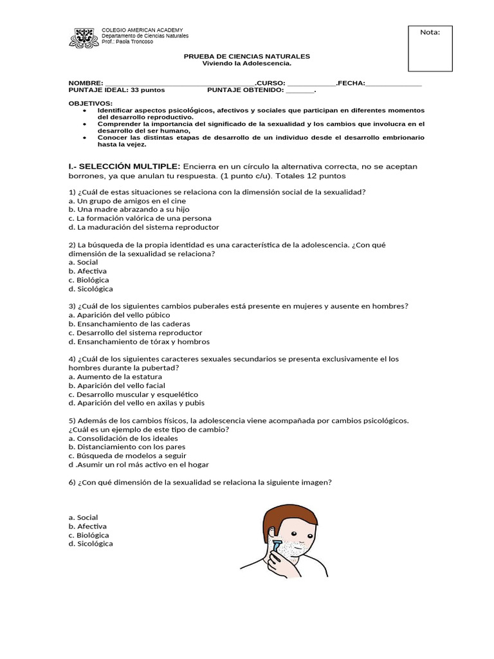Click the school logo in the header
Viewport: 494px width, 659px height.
[84, 37]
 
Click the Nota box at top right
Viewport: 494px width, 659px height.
[430, 42]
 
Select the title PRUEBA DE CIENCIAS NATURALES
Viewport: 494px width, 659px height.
[247, 57]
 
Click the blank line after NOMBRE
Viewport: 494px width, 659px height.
[179, 84]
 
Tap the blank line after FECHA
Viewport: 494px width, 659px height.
[393, 84]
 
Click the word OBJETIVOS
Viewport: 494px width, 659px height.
[90, 104]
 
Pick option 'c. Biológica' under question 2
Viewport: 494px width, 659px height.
[88, 280]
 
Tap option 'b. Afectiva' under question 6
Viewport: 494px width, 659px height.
[87, 526]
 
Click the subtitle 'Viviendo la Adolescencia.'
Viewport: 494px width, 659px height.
[247, 64]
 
